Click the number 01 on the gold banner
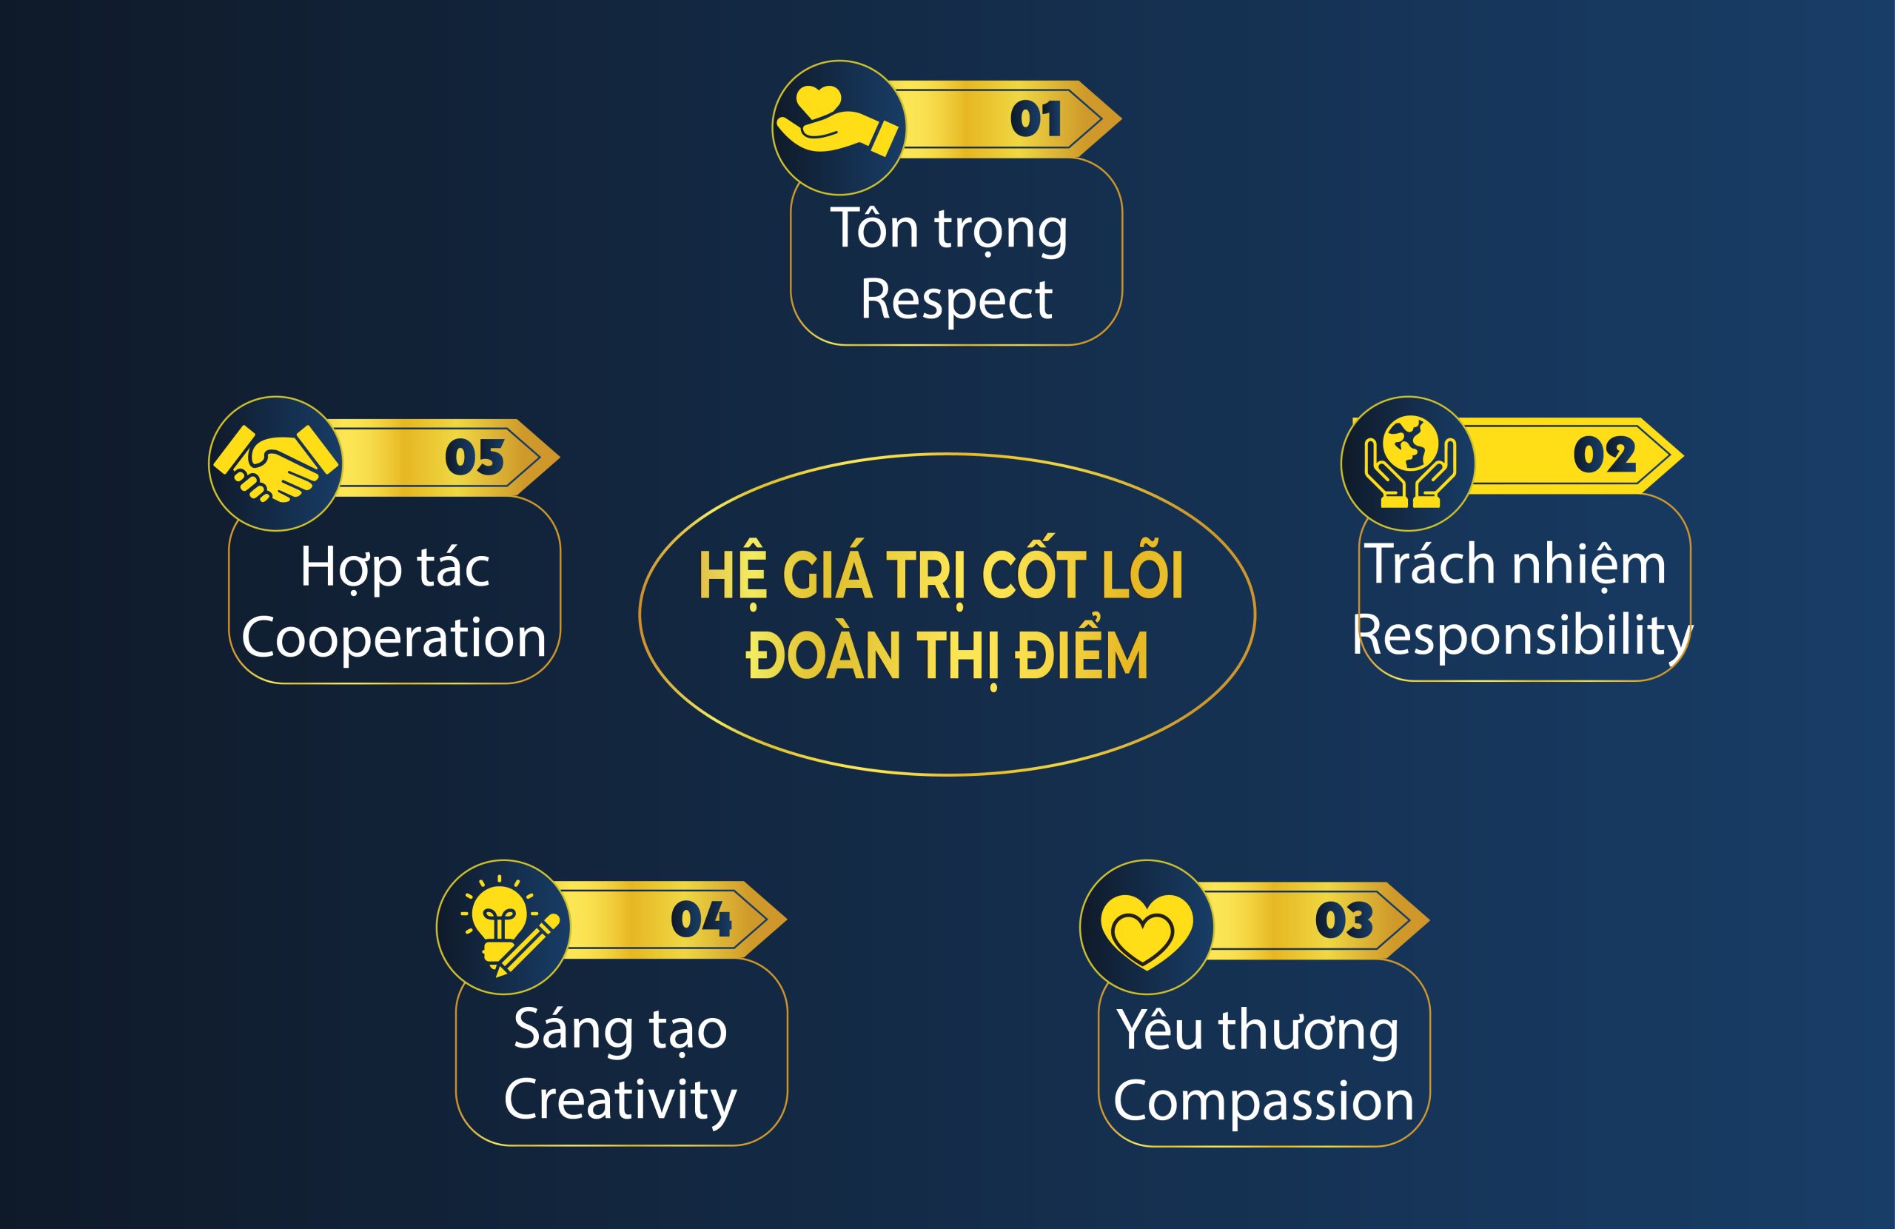tap(1035, 119)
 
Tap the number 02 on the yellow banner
tap(1604, 455)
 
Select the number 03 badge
tap(1344, 920)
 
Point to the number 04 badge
tap(701, 920)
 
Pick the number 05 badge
tap(474, 458)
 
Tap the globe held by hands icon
tap(1410, 461)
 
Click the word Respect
tap(956, 301)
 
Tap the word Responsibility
tap(1523, 637)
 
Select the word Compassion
tap(1264, 1102)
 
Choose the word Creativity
tap(620, 1100)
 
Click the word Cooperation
tap(393, 639)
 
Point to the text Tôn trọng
tap(949, 230)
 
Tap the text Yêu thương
tap(1257, 1031)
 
